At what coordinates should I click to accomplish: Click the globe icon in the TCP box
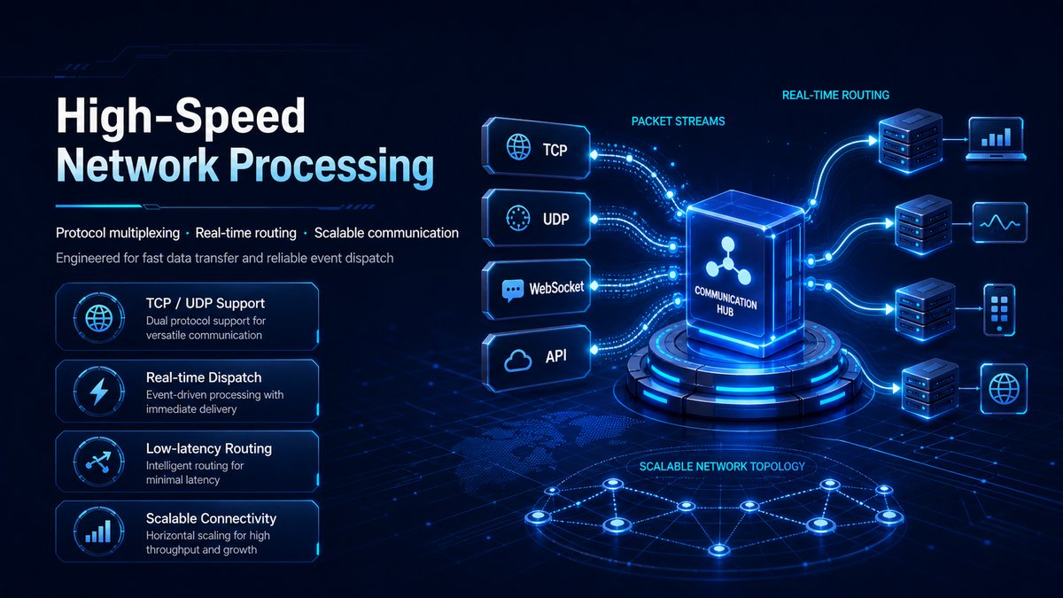pos(519,147)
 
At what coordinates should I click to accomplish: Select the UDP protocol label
pos(555,219)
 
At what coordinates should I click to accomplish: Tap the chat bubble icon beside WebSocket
pos(513,291)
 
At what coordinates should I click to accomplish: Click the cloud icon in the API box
pos(517,360)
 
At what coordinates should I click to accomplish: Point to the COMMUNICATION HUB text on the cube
pos(725,302)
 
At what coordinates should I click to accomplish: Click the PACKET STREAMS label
pos(679,121)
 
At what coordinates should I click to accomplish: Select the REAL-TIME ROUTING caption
pos(835,95)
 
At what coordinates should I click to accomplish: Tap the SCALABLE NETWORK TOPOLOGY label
pos(722,467)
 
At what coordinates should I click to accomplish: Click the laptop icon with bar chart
pos(996,139)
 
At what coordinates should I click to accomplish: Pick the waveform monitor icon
pos(1000,222)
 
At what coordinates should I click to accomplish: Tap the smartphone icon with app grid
pos(999,310)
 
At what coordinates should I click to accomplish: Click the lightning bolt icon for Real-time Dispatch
pos(99,391)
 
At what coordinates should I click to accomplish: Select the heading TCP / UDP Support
pos(206,303)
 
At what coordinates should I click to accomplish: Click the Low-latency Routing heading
pos(209,448)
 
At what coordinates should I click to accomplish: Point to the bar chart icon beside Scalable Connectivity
pos(98,531)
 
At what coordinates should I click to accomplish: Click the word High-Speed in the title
pos(181,117)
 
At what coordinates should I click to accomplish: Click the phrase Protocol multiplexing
pos(118,233)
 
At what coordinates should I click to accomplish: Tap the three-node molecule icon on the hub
pos(727,263)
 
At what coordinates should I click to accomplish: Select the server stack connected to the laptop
pos(911,141)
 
